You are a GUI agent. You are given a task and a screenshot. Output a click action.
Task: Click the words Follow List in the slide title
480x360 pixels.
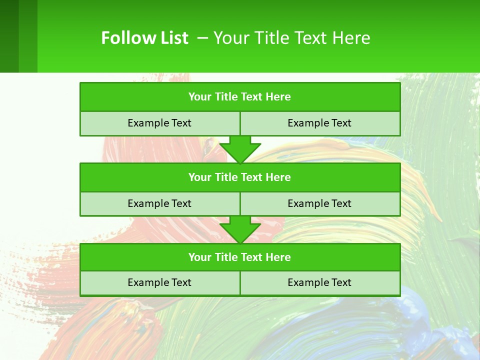point(144,38)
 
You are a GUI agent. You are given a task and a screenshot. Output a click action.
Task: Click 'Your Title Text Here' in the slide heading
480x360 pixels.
point(291,38)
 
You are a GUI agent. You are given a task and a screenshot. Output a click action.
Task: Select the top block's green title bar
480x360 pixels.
point(240,97)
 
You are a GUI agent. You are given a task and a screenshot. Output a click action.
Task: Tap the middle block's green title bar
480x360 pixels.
point(240,177)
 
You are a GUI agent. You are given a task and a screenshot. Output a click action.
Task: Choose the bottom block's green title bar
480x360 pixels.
point(240,257)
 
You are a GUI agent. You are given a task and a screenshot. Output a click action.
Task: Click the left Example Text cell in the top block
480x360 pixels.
point(159,123)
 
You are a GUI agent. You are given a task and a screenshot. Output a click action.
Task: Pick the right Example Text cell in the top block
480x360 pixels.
point(319,123)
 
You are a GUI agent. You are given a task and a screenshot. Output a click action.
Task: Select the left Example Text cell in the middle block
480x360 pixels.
point(159,204)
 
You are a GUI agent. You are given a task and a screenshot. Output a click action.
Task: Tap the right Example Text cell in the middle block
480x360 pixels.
point(319,204)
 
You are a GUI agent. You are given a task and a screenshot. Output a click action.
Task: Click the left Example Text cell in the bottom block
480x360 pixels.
point(159,283)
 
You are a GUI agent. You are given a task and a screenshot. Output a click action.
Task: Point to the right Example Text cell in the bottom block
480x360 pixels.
point(319,283)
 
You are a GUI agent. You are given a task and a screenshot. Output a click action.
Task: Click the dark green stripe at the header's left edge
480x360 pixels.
point(9,36)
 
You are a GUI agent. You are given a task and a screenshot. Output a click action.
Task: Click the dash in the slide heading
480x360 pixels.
point(202,38)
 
